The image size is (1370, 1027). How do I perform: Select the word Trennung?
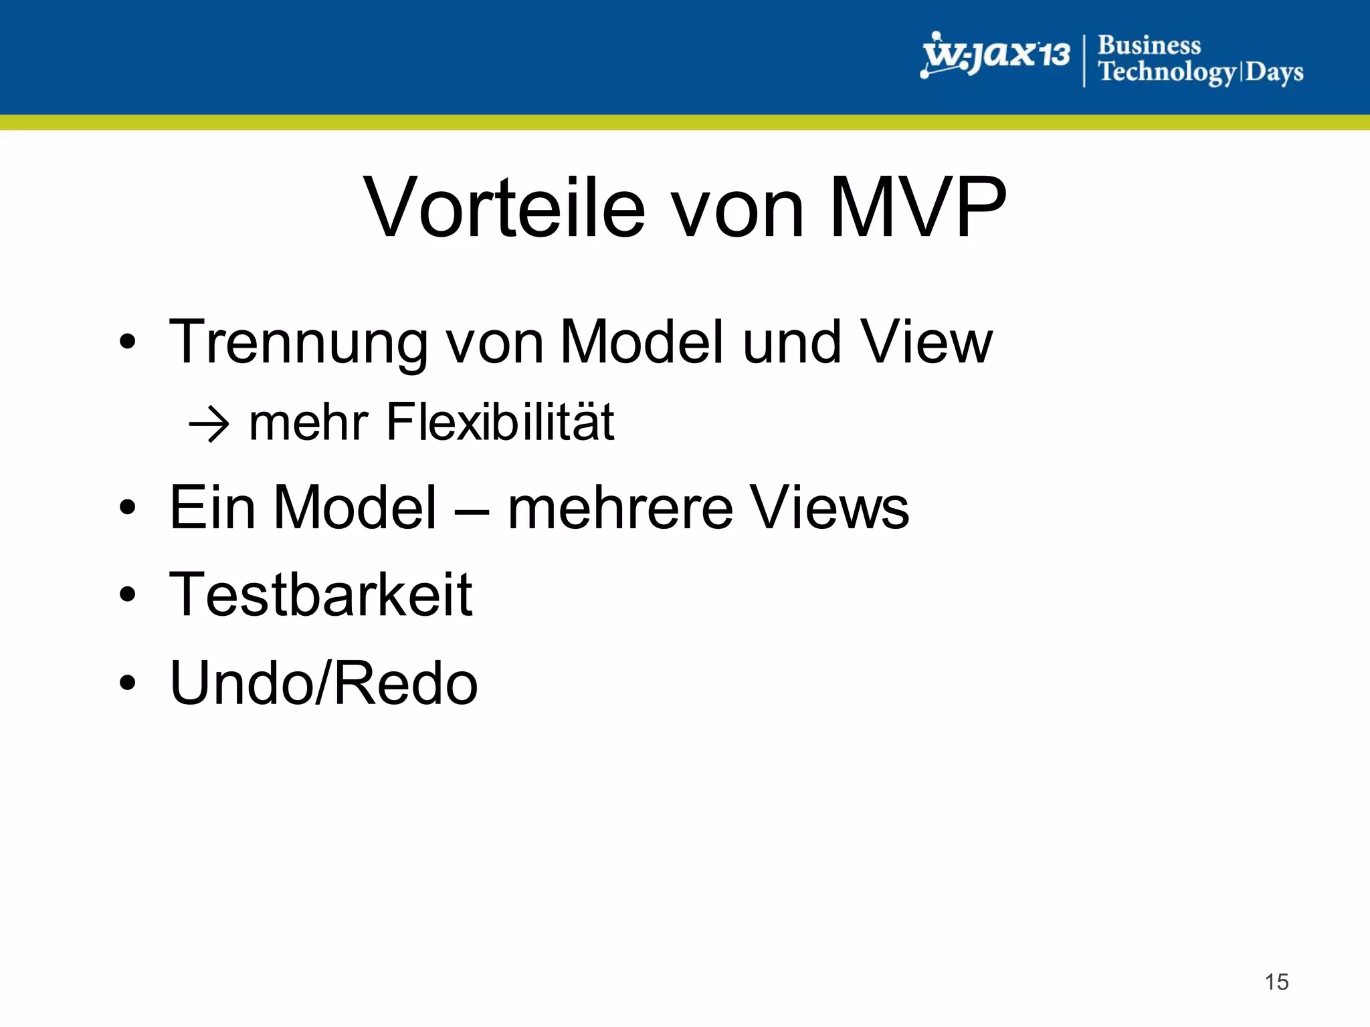click(298, 342)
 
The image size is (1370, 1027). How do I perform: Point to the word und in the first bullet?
click(792, 342)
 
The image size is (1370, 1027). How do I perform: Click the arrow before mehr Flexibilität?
click(209, 424)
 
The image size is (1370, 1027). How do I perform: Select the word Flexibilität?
click(500, 423)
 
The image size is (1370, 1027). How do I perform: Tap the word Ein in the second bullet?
click(212, 508)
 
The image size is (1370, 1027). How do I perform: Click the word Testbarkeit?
click(321, 594)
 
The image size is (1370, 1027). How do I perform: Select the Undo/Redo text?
click(324, 683)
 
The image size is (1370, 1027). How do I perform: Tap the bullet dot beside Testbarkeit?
click(127, 594)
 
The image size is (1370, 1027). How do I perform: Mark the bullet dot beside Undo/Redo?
click(127, 683)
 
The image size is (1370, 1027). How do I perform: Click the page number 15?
click(1276, 982)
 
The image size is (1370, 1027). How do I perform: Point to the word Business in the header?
click(1149, 45)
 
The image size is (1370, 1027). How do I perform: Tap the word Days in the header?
click(1274, 72)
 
